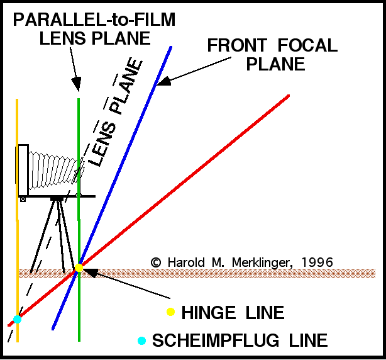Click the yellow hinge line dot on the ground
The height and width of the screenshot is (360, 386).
[79, 268]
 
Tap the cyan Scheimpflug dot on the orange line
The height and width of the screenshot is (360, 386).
[17, 319]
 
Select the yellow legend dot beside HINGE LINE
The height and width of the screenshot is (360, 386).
[170, 312]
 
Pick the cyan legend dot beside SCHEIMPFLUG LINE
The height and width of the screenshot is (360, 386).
[142, 340]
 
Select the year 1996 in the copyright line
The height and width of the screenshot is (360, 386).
[316, 261]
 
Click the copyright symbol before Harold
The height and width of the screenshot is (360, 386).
[155, 261]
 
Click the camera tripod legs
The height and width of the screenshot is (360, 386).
[58, 233]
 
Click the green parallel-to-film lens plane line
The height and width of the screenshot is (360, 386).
[79, 302]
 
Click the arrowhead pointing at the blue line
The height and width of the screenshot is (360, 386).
[162, 82]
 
